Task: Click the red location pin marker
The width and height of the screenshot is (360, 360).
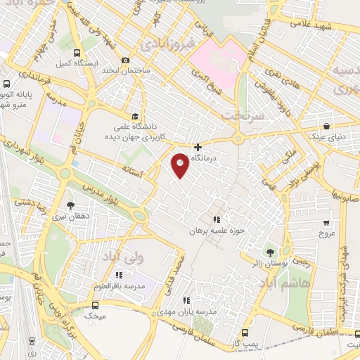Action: [x=180, y=165]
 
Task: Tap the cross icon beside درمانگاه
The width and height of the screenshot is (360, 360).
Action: [x=199, y=148]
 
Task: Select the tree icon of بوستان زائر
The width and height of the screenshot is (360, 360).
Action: [x=269, y=252]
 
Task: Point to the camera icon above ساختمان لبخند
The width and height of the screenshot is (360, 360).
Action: [x=126, y=60]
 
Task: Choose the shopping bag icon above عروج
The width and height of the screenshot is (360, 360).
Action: [x=325, y=220]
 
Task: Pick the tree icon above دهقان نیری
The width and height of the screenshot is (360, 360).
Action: [x=70, y=205]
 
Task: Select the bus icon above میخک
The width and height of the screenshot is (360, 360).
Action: [x=96, y=305]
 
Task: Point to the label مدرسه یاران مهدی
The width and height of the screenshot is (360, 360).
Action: [x=212, y=309]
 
